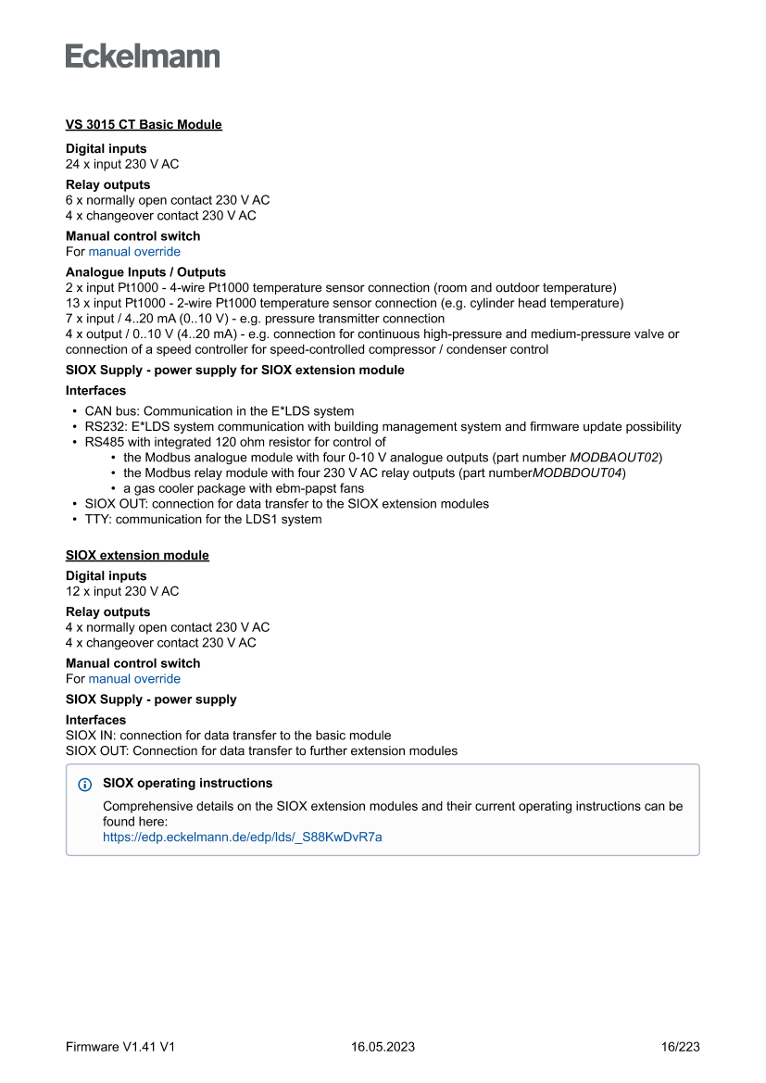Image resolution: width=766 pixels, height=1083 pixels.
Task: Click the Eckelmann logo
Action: tap(143, 57)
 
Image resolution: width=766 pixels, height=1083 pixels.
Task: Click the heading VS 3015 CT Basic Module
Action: tap(144, 124)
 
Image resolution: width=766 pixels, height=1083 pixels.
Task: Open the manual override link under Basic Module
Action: tap(134, 251)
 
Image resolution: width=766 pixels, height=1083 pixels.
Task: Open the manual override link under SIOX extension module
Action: tap(134, 678)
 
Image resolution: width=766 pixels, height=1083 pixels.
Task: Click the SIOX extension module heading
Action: tap(137, 555)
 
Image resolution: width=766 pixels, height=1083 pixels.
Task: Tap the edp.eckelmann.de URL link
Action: tap(242, 837)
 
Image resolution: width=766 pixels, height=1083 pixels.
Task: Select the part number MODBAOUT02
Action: tap(614, 458)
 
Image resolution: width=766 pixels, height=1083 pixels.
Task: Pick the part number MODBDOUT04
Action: tap(578, 472)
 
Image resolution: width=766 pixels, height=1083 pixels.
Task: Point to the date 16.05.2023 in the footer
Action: tap(383, 1047)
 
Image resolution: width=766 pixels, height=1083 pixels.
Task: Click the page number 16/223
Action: tap(681, 1047)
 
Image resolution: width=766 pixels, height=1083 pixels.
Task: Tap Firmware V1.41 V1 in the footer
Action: tap(120, 1047)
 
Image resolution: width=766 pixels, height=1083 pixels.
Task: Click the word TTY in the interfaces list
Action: tap(96, 519)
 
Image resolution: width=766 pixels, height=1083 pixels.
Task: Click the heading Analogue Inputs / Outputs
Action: tap(145, 272)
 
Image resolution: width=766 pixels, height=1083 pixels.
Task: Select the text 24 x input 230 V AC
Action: tap(122, 164)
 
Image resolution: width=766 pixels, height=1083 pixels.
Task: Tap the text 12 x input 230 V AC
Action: tap(122, 591)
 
